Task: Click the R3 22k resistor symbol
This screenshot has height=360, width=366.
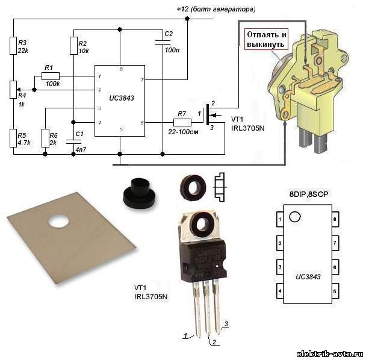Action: pos(13,46)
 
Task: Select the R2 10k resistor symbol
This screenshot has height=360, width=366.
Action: pos(73,46)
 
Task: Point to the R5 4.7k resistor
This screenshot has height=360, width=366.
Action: pos(13,138)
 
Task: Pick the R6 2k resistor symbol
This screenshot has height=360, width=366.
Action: pos(45,138)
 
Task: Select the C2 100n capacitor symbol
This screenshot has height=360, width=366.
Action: pos(163,42)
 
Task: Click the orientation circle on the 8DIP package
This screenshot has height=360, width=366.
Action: pos(294,217)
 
